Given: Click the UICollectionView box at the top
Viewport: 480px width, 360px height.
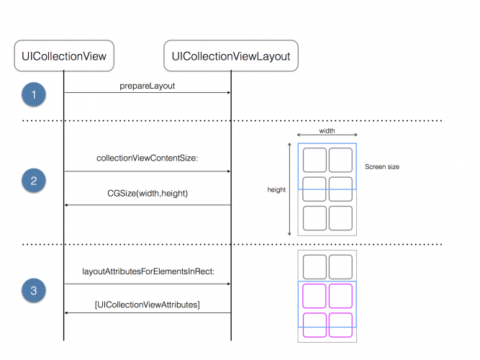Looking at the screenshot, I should click(x=64, y=56).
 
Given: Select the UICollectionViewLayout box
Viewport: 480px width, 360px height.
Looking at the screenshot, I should click(x=231, y=56).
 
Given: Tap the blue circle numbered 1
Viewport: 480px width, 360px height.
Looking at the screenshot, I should click(x=33, y=94).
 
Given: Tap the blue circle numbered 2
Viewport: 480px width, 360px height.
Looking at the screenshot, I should click(x=33, y=181).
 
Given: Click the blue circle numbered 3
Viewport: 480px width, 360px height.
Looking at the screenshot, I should click(x=33, y=292).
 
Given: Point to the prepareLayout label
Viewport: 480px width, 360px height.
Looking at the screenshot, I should click(x=148, y=85).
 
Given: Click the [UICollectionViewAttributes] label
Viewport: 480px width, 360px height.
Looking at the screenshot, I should click(x=148, y=305).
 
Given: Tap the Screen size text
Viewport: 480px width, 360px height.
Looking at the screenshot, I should click(x=381, y=166).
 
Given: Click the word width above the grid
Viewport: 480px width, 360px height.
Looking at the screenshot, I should click(x=327, y=131).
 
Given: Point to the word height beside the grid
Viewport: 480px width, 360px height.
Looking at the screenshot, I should click(x=276, y=190).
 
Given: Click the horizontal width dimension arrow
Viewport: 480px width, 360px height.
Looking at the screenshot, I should click(x=327, y=138).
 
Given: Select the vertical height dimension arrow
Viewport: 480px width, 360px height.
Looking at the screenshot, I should click(x=289, y=189).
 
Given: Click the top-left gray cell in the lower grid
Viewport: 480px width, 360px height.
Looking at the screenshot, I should click(x=314, y=267).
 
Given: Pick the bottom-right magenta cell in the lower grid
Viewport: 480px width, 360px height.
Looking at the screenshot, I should click(x=340, y=324).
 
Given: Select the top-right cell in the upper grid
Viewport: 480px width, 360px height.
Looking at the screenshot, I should click(x=340, y=159).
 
